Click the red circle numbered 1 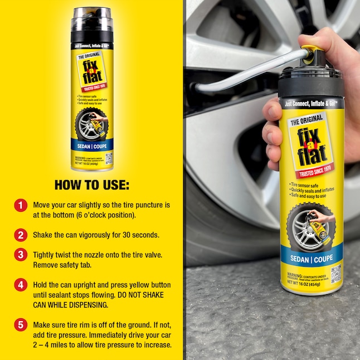20,205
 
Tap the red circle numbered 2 20,235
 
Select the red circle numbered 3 20,255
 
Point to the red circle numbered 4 20,285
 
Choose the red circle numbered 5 20,325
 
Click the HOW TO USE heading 91,184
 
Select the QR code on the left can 109,158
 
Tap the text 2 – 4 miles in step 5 52,345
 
